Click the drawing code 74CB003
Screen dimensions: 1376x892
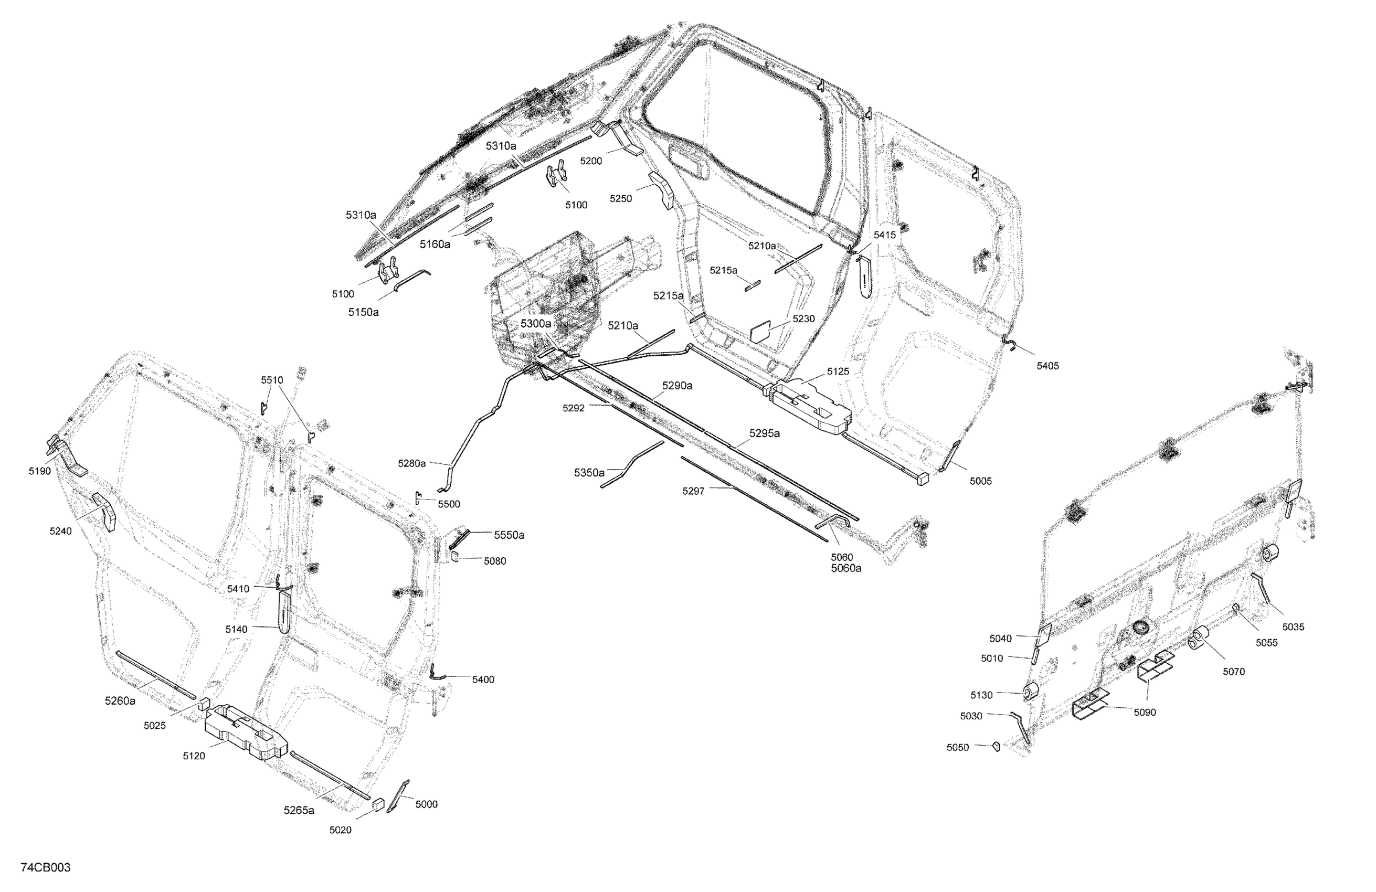tap(45, 868)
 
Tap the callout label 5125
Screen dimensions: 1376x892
tap(838, 371)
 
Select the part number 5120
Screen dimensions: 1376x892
tap(194, 756)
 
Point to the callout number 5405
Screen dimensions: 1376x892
tap(1047, 366)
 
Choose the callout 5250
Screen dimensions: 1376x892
tap(621, 199)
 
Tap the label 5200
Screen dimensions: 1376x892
tap(591, 161)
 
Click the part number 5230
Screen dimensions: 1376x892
tap(803, 319)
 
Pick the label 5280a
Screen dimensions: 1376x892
tap(411, 464)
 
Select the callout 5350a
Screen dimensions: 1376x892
tap(589, 473)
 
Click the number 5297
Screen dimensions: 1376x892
tap(693, 491)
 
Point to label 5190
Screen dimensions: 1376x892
tap(40, 471)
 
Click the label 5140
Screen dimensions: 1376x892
tap(237, 630)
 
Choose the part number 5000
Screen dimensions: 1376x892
tap(427, 805)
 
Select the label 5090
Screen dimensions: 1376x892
tap(1145, 713)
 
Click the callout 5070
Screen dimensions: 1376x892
tap(1234, 672)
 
